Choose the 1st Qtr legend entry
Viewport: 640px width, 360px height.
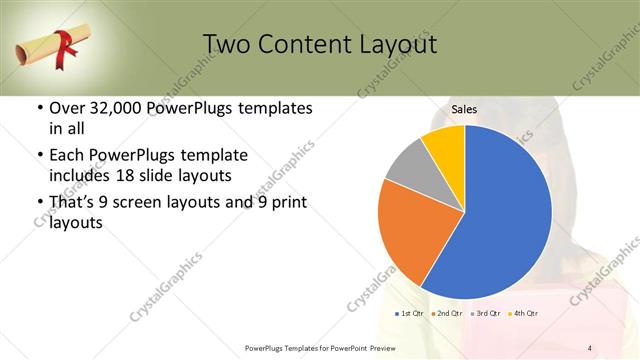point(408,314)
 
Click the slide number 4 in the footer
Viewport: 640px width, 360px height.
point(589,347)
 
